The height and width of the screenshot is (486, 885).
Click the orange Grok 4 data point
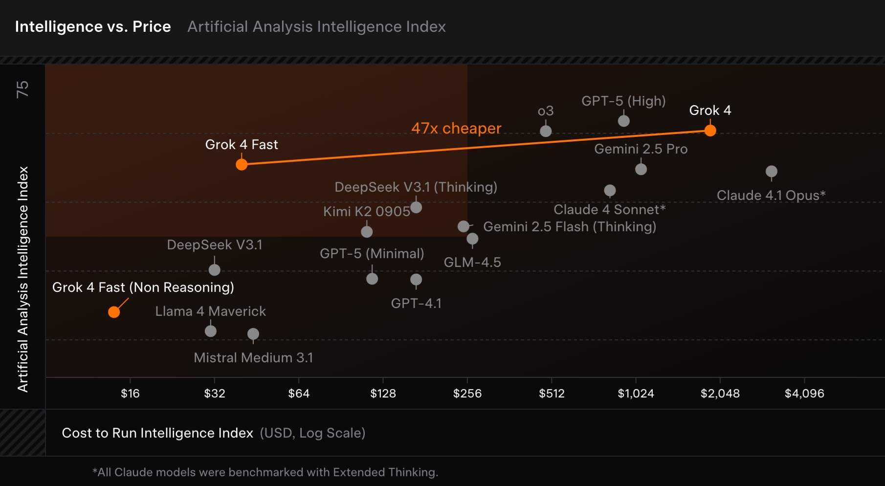pyautogui.click(x=710, y=131)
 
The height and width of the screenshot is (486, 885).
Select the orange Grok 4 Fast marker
pyautogui.click(x=242, y=164)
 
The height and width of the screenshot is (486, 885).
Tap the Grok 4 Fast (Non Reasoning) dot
pyautogui.click(x=114, y=312)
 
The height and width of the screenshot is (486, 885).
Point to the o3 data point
pyautogui.click(x=546, y=131)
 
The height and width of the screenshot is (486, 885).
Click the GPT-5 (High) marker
pyautogui.click(x=623, y=121)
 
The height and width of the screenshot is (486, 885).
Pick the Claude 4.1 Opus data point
pyautogui.click(x=771, y=172)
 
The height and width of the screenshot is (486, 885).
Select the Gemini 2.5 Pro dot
pyautogui.click(x=641, y=169)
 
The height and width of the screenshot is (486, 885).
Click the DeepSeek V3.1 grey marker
pyautogui.click(x=214, y=270)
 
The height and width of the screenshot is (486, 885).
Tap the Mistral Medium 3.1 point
pyautogui.click(x=253, y=334)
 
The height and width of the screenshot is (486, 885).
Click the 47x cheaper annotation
pyautogui.click(x=456, y=128)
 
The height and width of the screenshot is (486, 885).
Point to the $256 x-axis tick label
pyautogui.click(x=467, y=394)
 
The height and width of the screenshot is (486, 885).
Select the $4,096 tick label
pyautogui.click(x=804, y=394)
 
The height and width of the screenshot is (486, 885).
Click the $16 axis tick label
pyautogui.click(x=130, y=394)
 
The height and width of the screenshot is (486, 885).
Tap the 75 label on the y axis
pyautogui.click(x=22, y=89)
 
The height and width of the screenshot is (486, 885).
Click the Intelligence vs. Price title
pyautogui.click(x=93, y=26)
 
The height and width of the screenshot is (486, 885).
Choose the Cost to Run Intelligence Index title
pyautogui.click(x=157, y=433)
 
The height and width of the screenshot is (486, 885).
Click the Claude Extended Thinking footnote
pyautogui.click(x=265, y=472)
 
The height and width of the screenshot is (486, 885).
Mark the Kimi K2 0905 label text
pyautogui.click(x=366, y=211)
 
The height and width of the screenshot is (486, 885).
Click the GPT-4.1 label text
pyautogui.click(x=416, y=303)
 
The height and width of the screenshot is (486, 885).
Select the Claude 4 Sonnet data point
pyautogui.click(x=610, y=190)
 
